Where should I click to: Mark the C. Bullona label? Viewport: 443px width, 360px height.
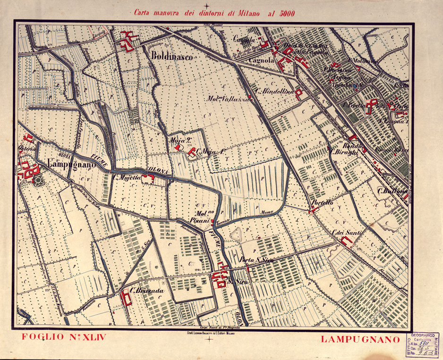coord(392,192)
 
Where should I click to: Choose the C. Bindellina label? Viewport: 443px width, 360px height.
coord(274,91)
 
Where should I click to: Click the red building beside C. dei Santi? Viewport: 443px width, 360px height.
coord(347,242)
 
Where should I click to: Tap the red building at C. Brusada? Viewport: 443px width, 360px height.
coord(126,297)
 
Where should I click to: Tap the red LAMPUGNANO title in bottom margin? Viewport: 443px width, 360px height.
coord(357,339)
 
